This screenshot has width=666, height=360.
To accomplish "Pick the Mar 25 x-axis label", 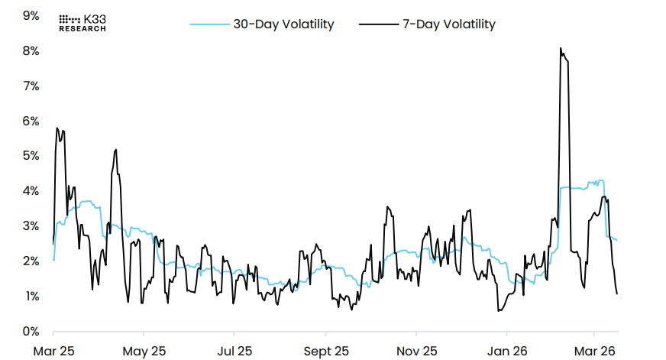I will (x=53, y=351).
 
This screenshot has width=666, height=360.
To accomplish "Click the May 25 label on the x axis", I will (x=144, y=351).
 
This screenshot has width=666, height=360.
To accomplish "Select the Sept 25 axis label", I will (x=326, y=351).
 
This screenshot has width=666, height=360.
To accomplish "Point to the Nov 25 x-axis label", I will (x=416, y=351).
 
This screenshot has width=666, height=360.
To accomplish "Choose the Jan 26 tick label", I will (x=506, y=351).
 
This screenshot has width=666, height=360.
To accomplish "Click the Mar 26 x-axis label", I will (x=595, y=351).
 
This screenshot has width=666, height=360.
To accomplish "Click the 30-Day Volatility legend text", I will (x=283, y=24).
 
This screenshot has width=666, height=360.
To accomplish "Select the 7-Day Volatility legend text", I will (x=448, y=24).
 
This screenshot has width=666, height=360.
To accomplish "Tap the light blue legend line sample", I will (x=209, y=24).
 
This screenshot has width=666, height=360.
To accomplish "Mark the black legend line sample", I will (x=377, y=24).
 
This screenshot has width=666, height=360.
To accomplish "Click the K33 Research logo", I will (x=82, y=23).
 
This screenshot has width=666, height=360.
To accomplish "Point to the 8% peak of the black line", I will (x=561, y=49).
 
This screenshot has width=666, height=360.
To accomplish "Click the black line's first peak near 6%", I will (x=57, y=128).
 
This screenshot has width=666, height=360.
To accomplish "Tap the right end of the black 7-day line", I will (x=616, y=294).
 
